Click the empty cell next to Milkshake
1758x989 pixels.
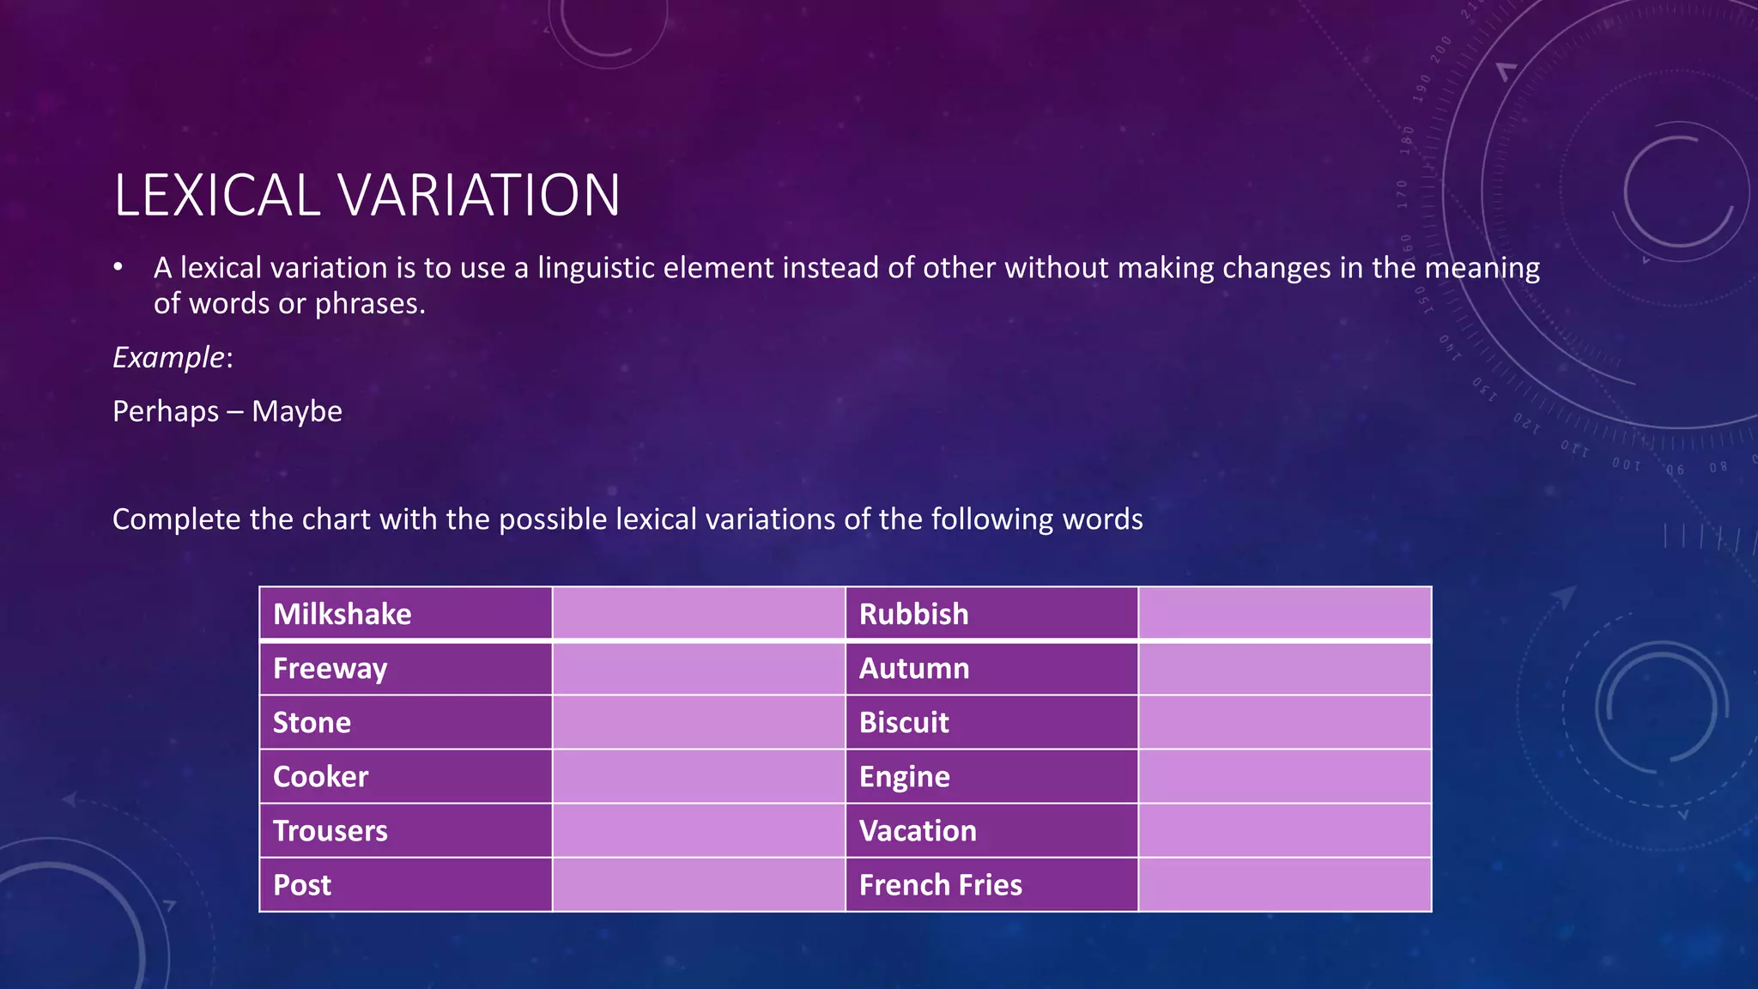tap(699, 614)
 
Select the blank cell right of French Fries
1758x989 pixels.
tap(1284, 885)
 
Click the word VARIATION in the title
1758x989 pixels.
tap(480, 196)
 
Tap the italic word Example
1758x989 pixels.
tap(168, 357)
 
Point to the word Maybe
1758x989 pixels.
tap(297, 411)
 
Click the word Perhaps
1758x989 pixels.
tap(166, 412)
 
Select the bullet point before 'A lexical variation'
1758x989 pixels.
tap(118, 268)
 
